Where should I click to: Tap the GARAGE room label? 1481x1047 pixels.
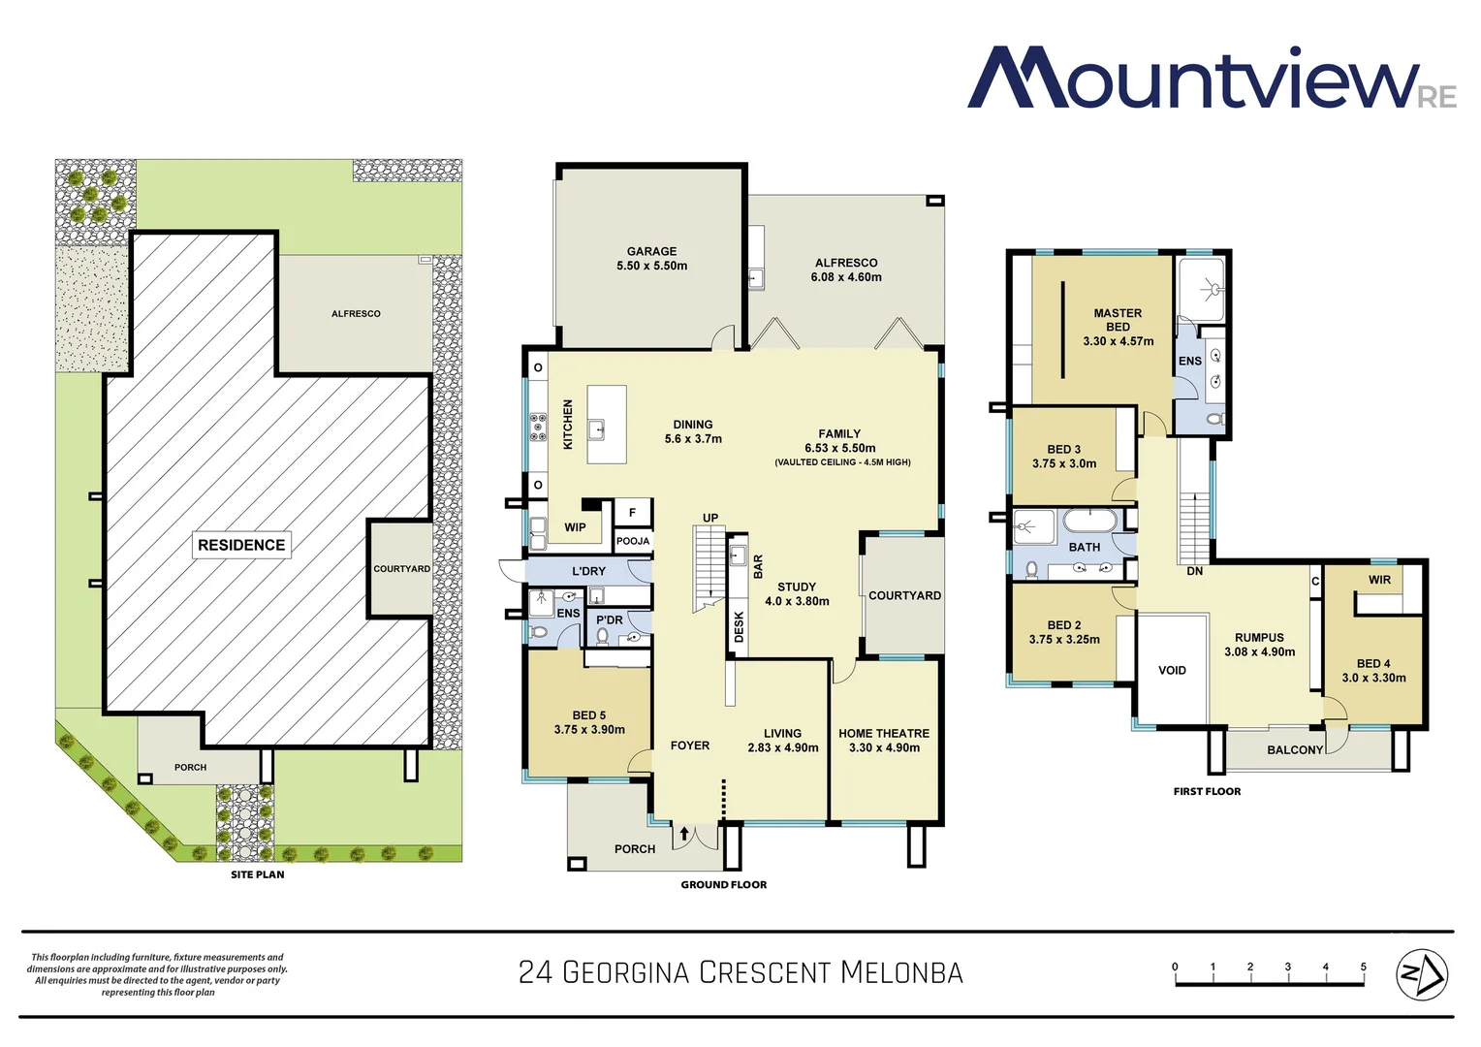651,251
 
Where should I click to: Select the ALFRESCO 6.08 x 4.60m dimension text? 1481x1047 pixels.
846,277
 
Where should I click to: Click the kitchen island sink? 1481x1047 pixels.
600,427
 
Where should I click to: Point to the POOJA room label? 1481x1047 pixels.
633,541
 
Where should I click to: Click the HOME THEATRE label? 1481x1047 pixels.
883,734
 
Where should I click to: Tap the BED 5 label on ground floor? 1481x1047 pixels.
588,715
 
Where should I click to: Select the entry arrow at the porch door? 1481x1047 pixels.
684,833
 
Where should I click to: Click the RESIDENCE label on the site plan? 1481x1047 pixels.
241,545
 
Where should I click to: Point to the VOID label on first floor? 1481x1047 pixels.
1172,670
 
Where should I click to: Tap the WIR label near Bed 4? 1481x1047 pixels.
1379,580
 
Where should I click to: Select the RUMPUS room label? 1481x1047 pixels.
1259,638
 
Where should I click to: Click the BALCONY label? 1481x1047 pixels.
1294,749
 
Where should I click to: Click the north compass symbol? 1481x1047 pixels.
1421,973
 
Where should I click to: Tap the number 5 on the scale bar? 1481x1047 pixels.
1363,967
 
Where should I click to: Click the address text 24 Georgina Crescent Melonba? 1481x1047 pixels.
740,972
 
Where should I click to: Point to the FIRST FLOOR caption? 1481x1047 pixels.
1207,791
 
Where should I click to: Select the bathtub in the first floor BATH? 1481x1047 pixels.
1090,521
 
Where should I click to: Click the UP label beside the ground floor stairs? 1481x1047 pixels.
710,518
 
